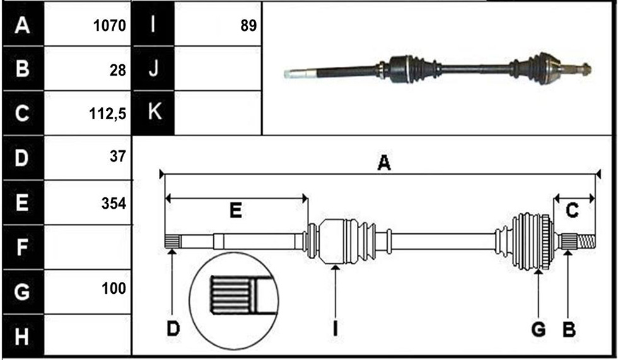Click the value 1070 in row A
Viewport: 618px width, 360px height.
[x=110, y=26]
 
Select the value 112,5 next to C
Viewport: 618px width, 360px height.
[x=108, y=114]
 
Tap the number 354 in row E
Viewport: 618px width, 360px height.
[x=114, y=204]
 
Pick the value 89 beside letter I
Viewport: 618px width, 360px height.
[x=248, y=26]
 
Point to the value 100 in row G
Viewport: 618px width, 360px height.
[x=114, y=288]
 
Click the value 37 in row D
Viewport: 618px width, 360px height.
[x=118, y=156]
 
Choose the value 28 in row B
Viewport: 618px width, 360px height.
[x=118, y=71]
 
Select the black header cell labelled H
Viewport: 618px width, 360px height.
[x=23, y=335]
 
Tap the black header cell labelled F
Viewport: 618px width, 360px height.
[x=23, y=247]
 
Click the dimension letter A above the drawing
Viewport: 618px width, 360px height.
[x=384, y=163]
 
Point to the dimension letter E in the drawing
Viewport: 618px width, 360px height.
[x=236, y=211]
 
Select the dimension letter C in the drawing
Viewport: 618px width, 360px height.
[x=572, y=210]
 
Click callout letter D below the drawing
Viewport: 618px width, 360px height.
[x=173, y=328]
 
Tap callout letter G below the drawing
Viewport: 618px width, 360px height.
[x=539, y=329]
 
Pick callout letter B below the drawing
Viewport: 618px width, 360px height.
[x=569, y=329]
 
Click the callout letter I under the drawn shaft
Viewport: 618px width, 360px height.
[x=335, y=328]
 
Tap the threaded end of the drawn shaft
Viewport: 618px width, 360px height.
[x=586, y=241]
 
